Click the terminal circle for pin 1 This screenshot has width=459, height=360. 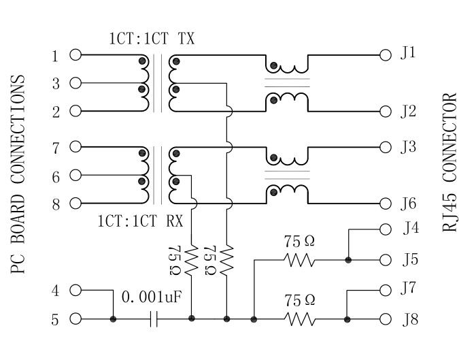(75, 54)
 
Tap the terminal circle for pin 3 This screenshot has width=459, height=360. (75, 83)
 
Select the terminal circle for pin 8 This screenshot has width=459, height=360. (75, 203)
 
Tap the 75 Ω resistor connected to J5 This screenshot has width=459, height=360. (299, 260)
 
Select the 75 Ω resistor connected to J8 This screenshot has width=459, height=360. (299, 318)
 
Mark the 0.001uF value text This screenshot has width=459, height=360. (152, 297)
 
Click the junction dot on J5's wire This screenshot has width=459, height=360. (347, 260)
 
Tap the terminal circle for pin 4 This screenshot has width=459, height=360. (75, 290)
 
